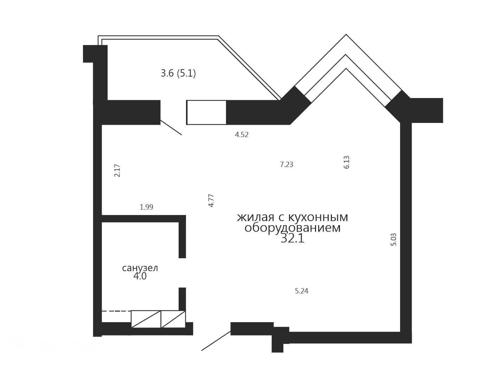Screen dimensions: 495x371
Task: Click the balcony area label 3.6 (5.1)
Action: [x=178, y=73]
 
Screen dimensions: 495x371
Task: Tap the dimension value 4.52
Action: [x=242, y=135]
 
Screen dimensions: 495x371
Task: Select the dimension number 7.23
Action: [x=287, y=164]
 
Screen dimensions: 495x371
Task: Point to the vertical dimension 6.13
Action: [x=346, y=162]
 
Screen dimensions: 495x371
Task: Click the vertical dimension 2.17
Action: [x=117, y=170]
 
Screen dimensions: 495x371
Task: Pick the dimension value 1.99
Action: [x=146, y=207]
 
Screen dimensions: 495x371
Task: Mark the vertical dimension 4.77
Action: [x=211, y=200]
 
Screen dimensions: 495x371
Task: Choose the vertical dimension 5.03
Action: [x=393, y=239]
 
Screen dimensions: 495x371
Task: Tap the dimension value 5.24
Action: [x=302, y=291]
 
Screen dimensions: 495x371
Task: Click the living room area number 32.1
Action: [x=292, y=239]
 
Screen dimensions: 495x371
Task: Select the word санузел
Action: [x=140, y=268]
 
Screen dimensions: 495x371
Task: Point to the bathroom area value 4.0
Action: [x=140, y=276]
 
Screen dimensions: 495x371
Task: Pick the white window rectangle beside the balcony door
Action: [x=206, y=112]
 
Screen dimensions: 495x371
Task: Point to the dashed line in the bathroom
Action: [x=116, y=311]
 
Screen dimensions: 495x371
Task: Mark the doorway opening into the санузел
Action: [x=182, y=273]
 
